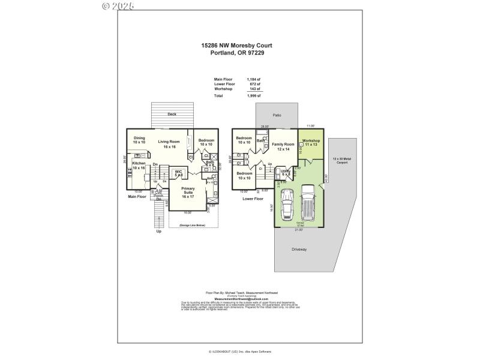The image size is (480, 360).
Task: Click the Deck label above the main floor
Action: click(172, 114)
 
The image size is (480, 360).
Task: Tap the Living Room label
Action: click(169, 144)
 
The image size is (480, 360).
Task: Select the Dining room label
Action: click(139, 140)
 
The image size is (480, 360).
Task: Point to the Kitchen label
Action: click(139, 166)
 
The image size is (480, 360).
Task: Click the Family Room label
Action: click(283, 146)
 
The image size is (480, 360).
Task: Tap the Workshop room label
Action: click(311, 143)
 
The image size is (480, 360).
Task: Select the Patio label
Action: click(277, 115)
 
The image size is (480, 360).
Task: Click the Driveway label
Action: click(299, 248)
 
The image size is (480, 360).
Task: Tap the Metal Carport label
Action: click(340, 160)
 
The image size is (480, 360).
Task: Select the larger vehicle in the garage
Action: click(308, 203)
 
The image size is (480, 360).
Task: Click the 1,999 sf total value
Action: click(254, 95)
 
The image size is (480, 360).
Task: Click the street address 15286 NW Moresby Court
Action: click(238, 44)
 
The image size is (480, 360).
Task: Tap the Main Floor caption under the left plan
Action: click(137, 196)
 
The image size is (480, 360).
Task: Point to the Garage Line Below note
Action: click(188, 225)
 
